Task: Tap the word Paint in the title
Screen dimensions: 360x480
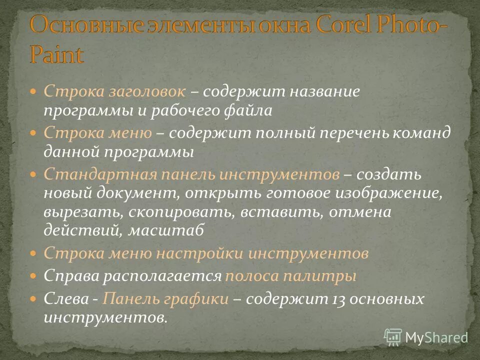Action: point(56,54)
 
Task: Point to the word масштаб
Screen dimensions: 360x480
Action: point(165,230)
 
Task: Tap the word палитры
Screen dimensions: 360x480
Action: point(327,276)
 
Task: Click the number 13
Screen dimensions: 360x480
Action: point(337,299)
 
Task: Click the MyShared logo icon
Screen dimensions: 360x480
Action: point(393,337)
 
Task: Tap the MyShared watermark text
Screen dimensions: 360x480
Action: point(436,337)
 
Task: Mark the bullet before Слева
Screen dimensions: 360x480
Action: point(33,299)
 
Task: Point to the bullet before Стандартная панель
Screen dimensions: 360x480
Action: point(33,174)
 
